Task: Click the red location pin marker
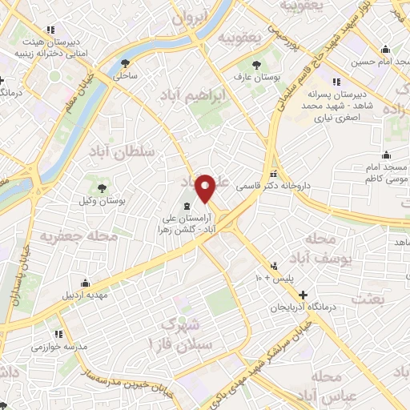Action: [x=206, y=189]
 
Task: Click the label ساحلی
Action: [x=126, y=77]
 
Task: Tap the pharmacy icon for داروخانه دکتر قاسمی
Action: [x=275, y=175]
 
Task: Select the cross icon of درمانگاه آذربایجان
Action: [x=303, y=295]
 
